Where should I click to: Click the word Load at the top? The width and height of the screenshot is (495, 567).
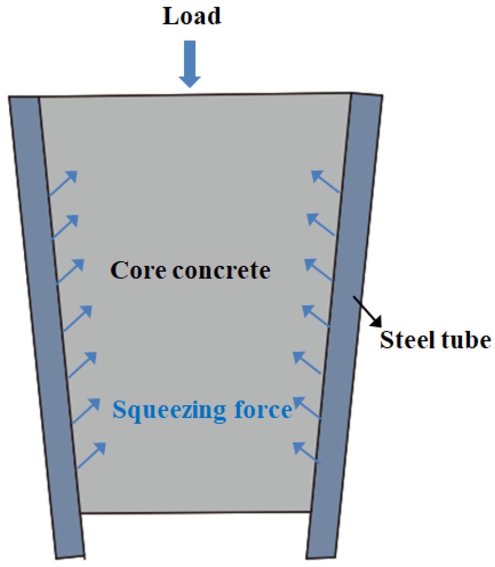click(192, 16)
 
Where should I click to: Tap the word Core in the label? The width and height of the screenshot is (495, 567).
click(138, 270)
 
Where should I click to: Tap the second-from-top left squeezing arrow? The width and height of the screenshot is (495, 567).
click(65, 227)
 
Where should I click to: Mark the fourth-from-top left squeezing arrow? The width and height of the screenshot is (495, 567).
click(78, 318)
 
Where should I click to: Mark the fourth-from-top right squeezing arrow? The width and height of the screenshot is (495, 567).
click(316, 316)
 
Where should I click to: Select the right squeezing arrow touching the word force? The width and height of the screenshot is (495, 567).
click(307, 408)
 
